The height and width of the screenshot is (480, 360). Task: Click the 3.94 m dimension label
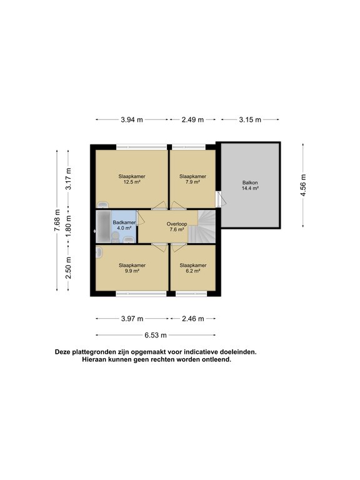tap(131, 119)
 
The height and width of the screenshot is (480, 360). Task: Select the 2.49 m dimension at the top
tap(192, 119)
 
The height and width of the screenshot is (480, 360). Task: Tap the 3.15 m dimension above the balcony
tap(250, 119)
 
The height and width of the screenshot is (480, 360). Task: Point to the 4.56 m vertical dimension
tap(303, 185)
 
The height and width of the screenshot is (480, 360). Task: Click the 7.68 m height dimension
tap(57, 221)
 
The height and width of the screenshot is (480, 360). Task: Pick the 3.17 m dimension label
tap(69, 179)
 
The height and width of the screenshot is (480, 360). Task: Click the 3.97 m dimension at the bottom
tap(132, 319)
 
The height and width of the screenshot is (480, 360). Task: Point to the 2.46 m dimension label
tap(192, 319)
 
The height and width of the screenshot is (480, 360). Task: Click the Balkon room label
tap(249, 182)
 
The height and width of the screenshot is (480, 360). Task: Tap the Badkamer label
tap(124, 222)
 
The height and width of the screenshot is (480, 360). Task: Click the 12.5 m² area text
tap(131, 183)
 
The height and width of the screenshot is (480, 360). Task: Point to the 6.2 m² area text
tap(192, 271)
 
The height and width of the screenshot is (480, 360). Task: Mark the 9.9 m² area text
tap(131, 271)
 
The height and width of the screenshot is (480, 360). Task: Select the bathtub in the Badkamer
tap(101, 226)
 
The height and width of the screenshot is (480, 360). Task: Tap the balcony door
tap(219, 199)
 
